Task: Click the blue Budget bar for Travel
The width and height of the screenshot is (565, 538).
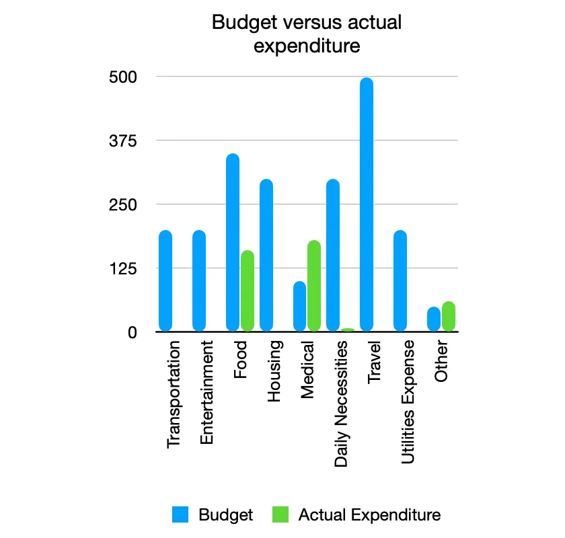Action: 367,204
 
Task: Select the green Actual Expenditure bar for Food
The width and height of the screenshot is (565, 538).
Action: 248,291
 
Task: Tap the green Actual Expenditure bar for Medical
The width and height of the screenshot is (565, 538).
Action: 314,286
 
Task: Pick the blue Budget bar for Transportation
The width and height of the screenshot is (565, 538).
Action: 165,280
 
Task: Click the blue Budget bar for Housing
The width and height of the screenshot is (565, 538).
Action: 266,255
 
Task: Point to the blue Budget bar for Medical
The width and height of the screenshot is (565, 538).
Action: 299,306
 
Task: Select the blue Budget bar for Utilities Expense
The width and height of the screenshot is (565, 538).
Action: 400,280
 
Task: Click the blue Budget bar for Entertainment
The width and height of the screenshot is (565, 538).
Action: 199,280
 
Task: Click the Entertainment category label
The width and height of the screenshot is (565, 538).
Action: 207,393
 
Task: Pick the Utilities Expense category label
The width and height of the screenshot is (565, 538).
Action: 408,402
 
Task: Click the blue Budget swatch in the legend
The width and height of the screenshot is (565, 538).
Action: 180,515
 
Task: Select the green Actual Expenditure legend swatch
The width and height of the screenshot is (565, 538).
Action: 280,515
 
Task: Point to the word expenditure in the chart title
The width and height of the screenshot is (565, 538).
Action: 307,46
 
